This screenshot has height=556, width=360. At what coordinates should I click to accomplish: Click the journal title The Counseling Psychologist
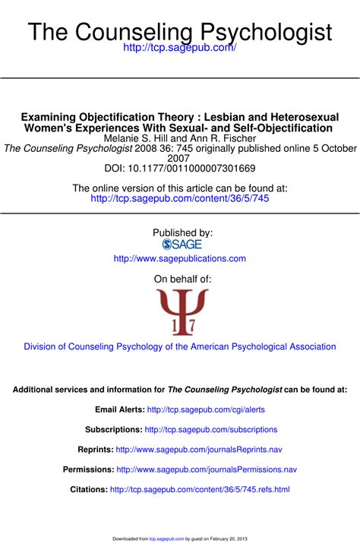coord(180,32)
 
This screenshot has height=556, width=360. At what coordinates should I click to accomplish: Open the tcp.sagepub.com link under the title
coord(180,48)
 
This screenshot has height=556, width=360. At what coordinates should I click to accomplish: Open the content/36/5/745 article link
coord(180,198)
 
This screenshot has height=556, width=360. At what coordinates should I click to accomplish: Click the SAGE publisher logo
coord(182,245)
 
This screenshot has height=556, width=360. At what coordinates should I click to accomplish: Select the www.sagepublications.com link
coord(180,258)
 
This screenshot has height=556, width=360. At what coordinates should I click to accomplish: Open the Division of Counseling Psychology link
coord(180,346)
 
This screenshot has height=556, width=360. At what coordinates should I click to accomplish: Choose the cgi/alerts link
coord(206,409)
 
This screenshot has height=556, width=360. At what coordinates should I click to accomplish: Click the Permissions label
coord(88,469)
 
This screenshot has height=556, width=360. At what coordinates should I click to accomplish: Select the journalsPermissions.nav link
coord(207,469)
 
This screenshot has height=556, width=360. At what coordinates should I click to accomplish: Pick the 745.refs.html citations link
coord(200,490)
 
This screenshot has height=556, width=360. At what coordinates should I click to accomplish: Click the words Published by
coord(182,232)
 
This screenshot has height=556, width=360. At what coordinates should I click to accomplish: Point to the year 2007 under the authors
coord(180,158)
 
